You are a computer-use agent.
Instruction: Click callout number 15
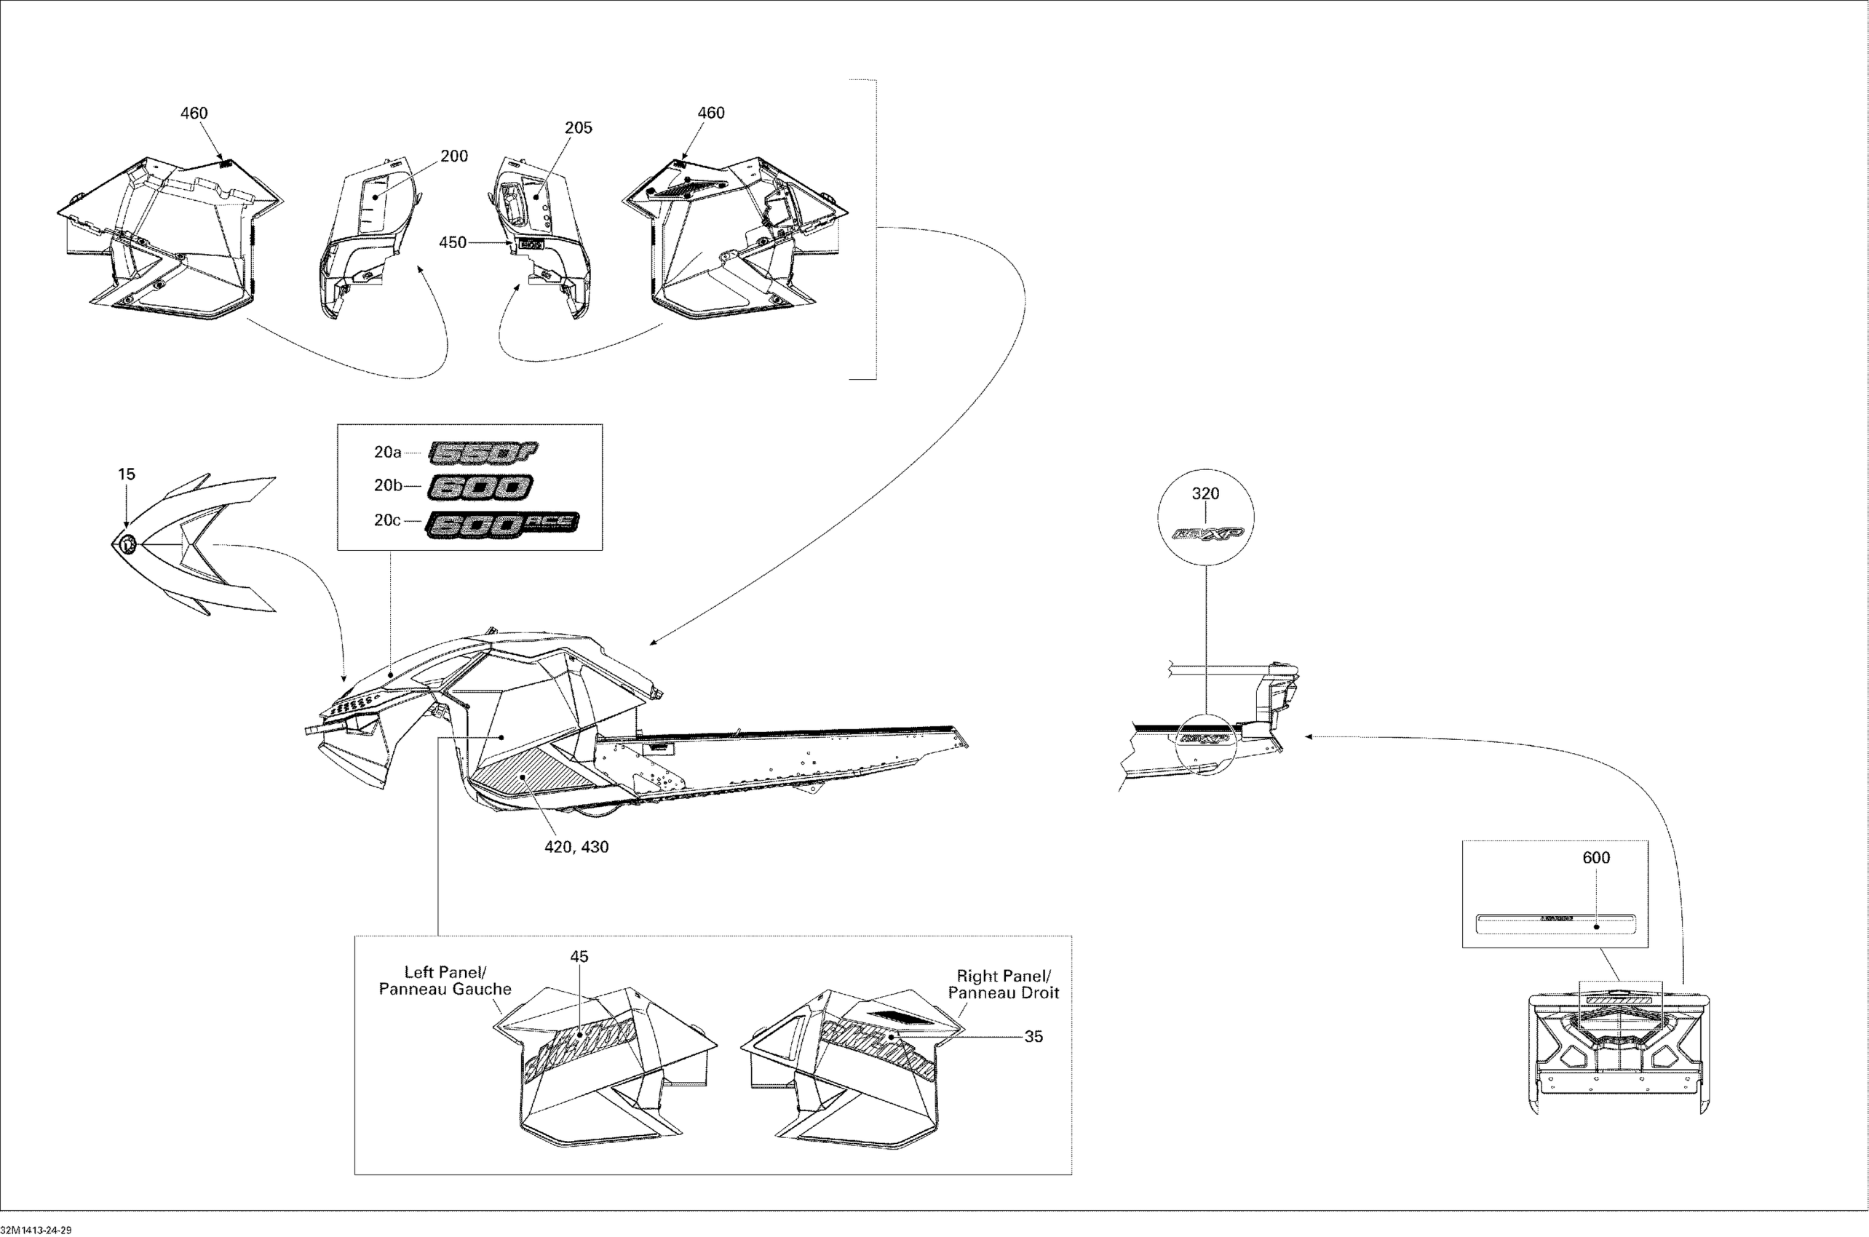pos(126,474)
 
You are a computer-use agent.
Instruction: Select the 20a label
pos(387,452)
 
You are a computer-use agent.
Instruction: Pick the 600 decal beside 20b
pos(480,488)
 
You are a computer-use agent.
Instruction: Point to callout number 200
pos(453,156)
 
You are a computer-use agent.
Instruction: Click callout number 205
pos(579,128)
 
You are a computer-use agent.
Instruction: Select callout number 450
pos(452,243)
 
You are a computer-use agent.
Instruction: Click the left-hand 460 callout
pos(194,113)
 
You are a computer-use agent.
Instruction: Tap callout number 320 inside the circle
pos(1205,494)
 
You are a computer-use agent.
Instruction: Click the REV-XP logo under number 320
pos(1207,534)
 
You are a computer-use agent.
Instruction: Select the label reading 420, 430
pos(576,847)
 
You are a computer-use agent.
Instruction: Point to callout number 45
pos(579,956)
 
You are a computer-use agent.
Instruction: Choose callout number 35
pos(1033,1037)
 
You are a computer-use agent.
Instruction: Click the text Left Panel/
pos(445,972)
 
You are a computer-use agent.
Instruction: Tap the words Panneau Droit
pos(1004,993)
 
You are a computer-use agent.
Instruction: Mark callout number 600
pos(1596,858)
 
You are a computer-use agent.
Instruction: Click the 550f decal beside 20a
pos(483,452)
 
